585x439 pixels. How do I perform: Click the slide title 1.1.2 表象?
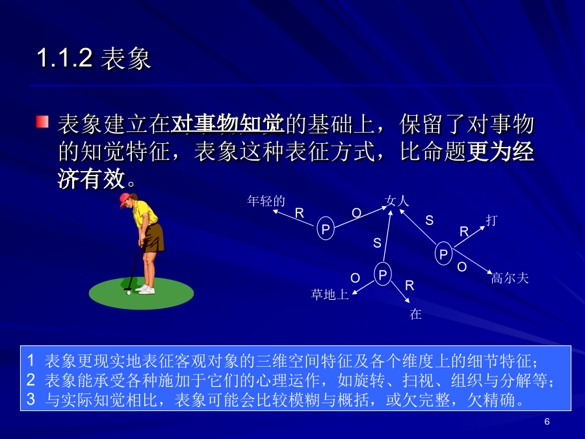[94, 59]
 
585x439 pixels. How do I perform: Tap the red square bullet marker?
[42, 122]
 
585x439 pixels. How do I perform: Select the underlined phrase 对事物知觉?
[227, 124]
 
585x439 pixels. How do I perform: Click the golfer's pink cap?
[125, 200]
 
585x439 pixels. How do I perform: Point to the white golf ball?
[129, 293]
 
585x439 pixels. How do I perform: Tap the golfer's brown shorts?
[153, 238]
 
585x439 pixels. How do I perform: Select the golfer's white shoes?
[146, 289]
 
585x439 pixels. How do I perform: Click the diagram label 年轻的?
[266, 201]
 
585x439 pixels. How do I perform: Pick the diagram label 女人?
[396, 201]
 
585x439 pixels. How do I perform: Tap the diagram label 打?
[492, 220]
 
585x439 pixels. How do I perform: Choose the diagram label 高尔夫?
[510, 278]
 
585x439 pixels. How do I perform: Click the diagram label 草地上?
[330, 295]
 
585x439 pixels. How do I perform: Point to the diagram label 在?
[415, 314]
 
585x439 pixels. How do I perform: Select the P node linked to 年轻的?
[326, 228]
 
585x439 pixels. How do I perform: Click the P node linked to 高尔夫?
[443, 254]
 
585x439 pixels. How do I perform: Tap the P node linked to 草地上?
[383, 274]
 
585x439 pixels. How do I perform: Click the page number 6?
[547, 421]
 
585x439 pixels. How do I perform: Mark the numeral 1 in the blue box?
[31, 360]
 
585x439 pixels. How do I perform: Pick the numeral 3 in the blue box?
[31, 399]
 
